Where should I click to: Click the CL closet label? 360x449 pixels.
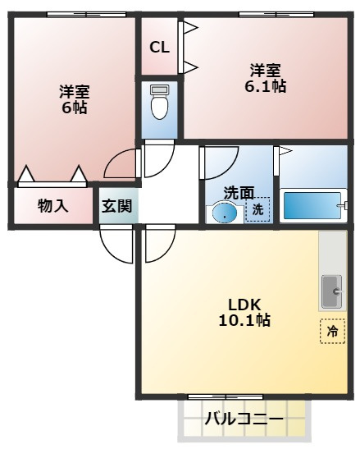159,48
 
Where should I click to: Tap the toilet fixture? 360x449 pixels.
159,103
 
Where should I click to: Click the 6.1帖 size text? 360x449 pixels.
265,85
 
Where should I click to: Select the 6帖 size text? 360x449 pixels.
75,108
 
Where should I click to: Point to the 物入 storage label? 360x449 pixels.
53,205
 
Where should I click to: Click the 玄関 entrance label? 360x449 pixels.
116,205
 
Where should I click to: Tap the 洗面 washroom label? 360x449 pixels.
239,193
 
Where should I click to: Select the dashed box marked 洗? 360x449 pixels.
257,209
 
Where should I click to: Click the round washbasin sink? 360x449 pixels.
225,213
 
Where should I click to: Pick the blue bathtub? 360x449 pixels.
312,205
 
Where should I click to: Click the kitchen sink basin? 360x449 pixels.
332,291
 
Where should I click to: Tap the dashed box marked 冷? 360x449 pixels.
332,331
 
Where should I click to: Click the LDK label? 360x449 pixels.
244,305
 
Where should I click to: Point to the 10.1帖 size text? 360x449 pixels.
244,320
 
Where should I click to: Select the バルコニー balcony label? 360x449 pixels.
244,419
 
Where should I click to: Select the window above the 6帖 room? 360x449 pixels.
86,14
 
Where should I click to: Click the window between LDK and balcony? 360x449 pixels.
226,397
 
